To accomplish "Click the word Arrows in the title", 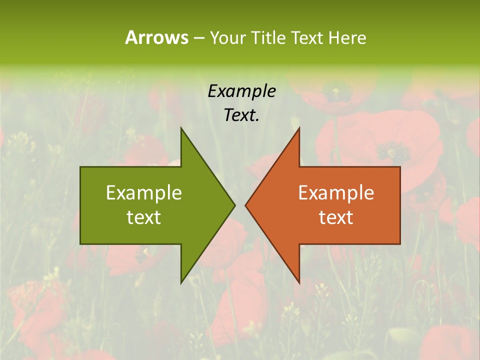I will (156, 37).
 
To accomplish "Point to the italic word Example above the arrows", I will (241, 91).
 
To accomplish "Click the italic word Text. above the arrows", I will (241, 115).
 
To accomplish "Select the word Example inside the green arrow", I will (144, 193).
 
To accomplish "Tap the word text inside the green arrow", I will (144, 217).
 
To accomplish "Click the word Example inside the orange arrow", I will (336, 193).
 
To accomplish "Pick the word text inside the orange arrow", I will (336, 217).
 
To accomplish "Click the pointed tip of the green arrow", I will (234, 205).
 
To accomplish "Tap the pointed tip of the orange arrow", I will (245, 205).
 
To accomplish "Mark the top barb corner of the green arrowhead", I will (181, 128).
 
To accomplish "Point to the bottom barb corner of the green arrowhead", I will (181, 283).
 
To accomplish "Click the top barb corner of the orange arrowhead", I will (299, 128).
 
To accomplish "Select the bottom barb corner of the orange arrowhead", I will (299, 283).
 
